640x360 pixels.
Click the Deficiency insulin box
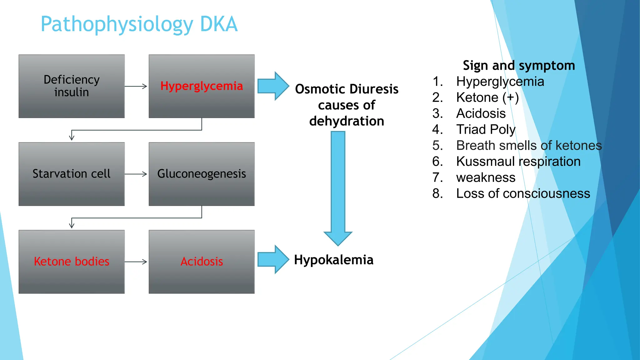pos(72,86)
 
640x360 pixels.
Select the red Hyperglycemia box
pos(202,86)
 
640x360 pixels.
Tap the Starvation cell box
pos(72,174)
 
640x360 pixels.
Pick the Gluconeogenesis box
pos(202,174)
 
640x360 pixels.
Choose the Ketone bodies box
pos(72,262)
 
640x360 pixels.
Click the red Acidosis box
pos(202,262)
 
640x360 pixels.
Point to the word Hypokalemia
pos(334,260)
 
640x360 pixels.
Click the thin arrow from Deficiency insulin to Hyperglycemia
pos(136,86)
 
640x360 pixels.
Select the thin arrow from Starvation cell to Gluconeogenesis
pos(136,174)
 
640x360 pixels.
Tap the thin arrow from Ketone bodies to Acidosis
pos(136,262)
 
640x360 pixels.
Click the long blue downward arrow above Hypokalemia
pos(338,187)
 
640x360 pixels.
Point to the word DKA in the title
pos(219,24)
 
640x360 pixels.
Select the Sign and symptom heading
pos(519,66)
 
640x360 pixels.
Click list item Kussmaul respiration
pos(518,162)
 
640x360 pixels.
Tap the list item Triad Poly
pos(486,129)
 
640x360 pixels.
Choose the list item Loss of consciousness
pos(523,193)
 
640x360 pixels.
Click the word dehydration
pos(347,121)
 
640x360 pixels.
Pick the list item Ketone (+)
pos(487,97)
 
